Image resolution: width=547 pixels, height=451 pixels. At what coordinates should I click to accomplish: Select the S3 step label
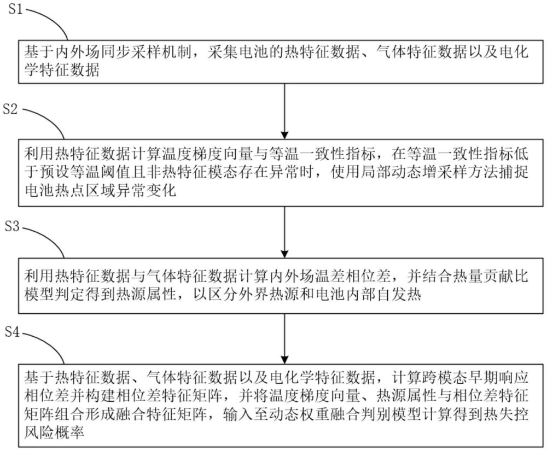tap(11, 226)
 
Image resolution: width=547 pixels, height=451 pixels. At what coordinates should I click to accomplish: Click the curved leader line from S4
tap(46, 342)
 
